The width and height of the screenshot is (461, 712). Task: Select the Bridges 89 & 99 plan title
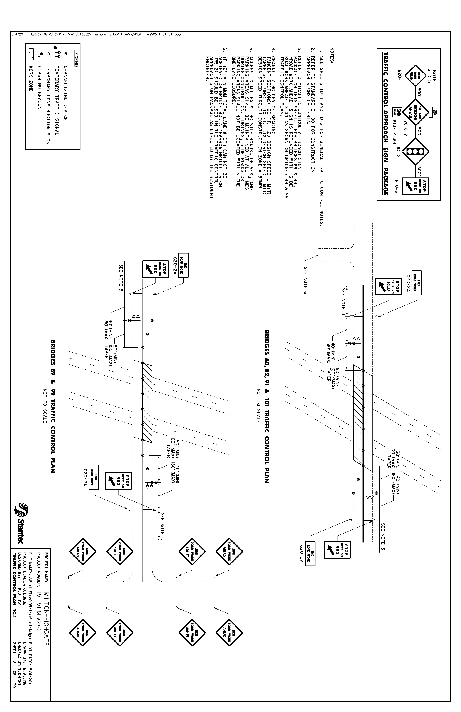pos(53,406)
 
